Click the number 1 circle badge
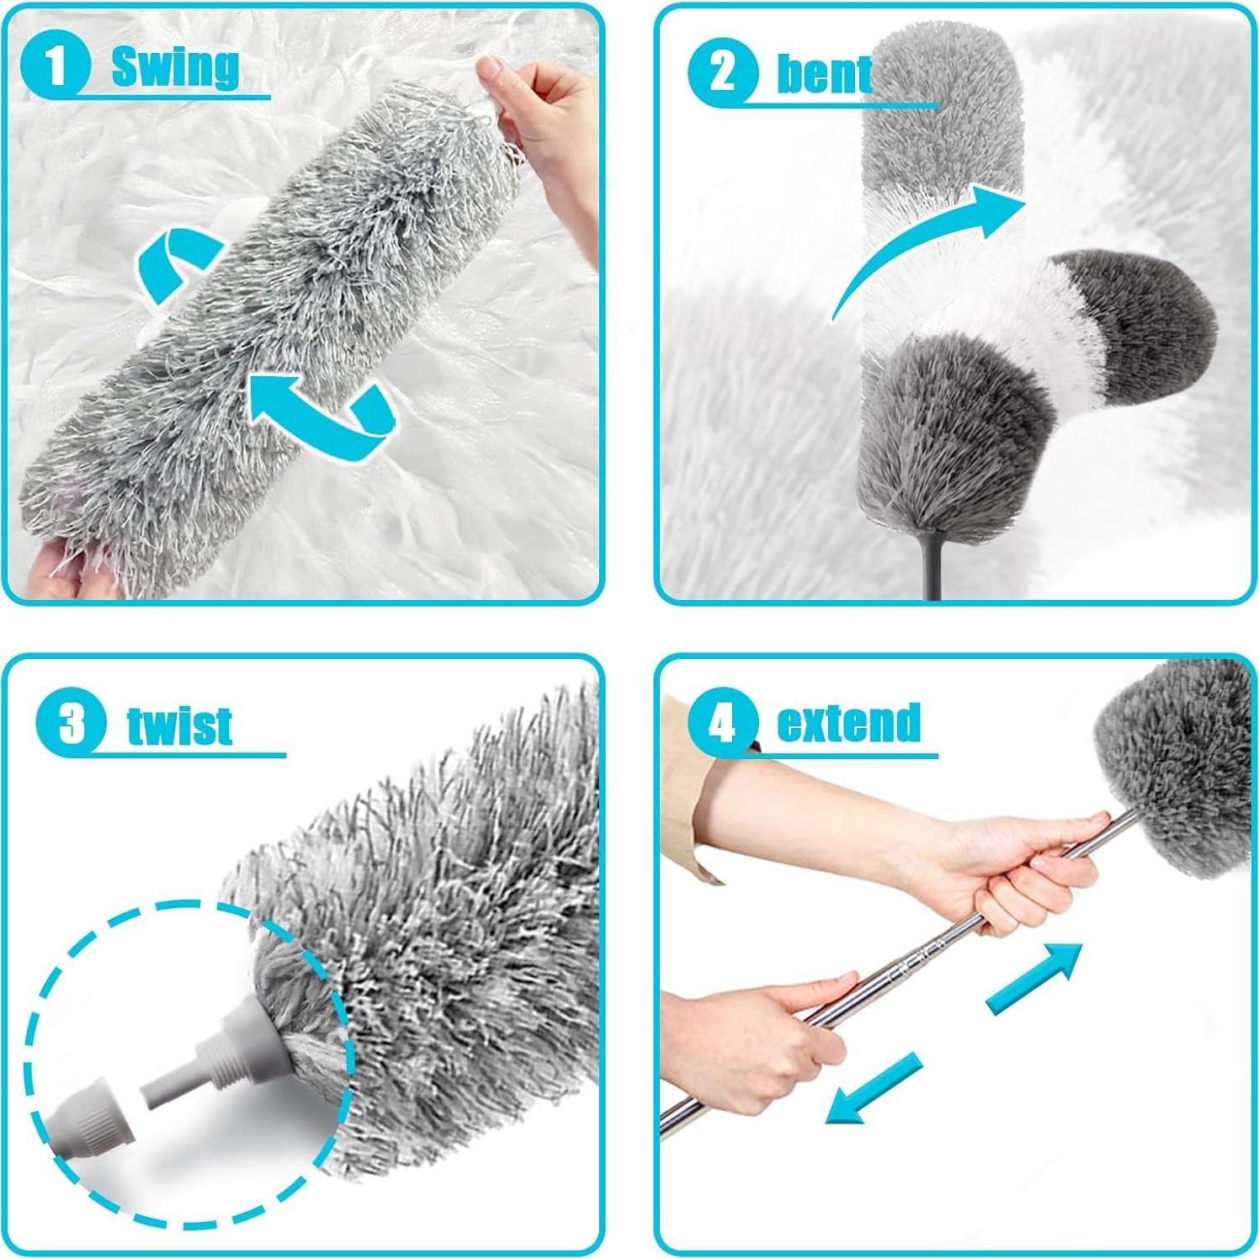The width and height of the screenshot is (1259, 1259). (55, 65)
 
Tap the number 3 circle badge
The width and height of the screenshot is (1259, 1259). (72, 723)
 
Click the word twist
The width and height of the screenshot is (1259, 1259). (179, 725)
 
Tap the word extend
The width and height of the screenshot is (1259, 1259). (848, 724)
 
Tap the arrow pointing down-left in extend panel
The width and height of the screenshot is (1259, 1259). (871, 1090)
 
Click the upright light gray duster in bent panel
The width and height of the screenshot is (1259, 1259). (938, 126)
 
